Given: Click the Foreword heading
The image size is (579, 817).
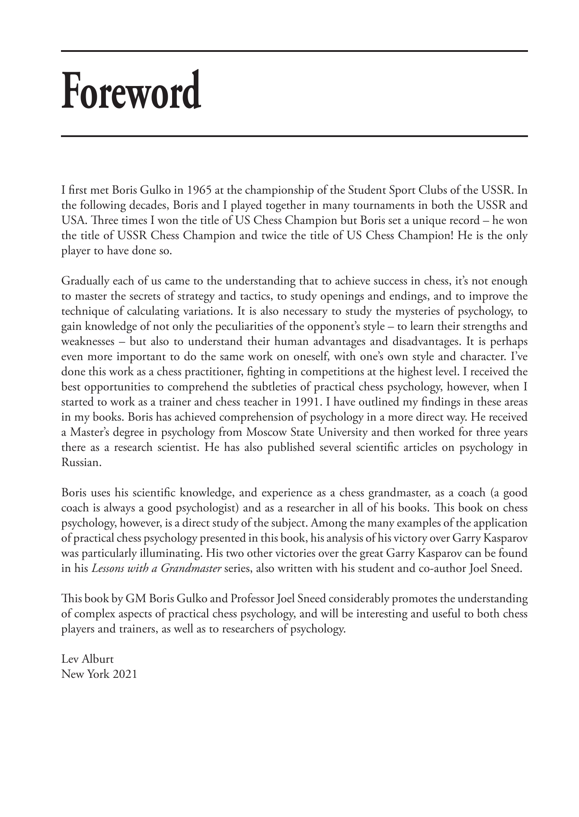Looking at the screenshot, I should [131, 91].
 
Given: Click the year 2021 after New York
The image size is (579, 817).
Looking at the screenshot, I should [125, 674].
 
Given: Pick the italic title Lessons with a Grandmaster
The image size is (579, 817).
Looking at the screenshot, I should [156, 568].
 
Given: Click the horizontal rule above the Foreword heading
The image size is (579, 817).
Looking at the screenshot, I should [294, 51].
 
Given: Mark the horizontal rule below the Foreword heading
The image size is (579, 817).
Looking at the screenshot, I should [294, 137].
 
